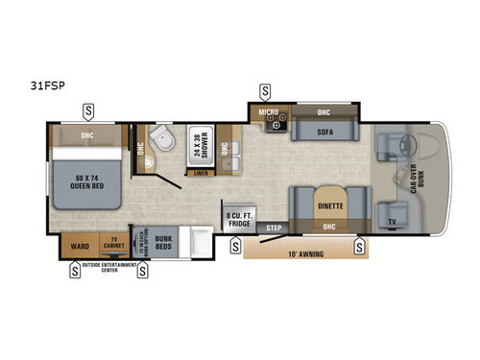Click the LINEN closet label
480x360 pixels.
tap(199, 174)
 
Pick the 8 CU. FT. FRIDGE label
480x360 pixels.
tap(239, 220)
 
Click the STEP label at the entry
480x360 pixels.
tap(275, 228)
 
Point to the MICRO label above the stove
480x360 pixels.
tap(268, 113)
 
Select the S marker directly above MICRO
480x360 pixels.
tap(265, 93)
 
